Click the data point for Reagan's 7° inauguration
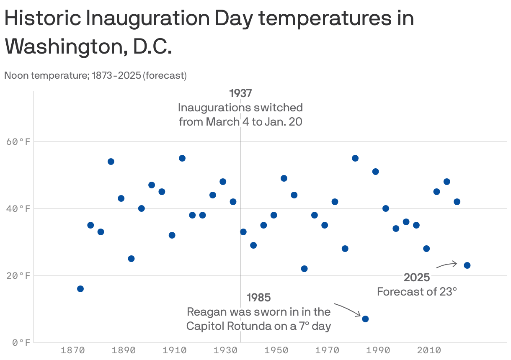coord(365,319)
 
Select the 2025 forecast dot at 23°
coord(467,265)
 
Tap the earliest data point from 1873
coord(80,289)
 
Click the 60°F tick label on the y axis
coord(19,142)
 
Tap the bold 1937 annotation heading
coord(240,93)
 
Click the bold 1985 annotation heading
coord(258,298)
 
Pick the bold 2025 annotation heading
coord(417,277)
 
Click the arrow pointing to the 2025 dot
coord(447,265)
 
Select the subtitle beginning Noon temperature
coord(95,76)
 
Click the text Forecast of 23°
coord(417,291)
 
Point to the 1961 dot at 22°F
coord(304,269)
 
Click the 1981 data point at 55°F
coord(355,158)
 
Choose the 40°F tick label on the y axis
coord(19,209)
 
